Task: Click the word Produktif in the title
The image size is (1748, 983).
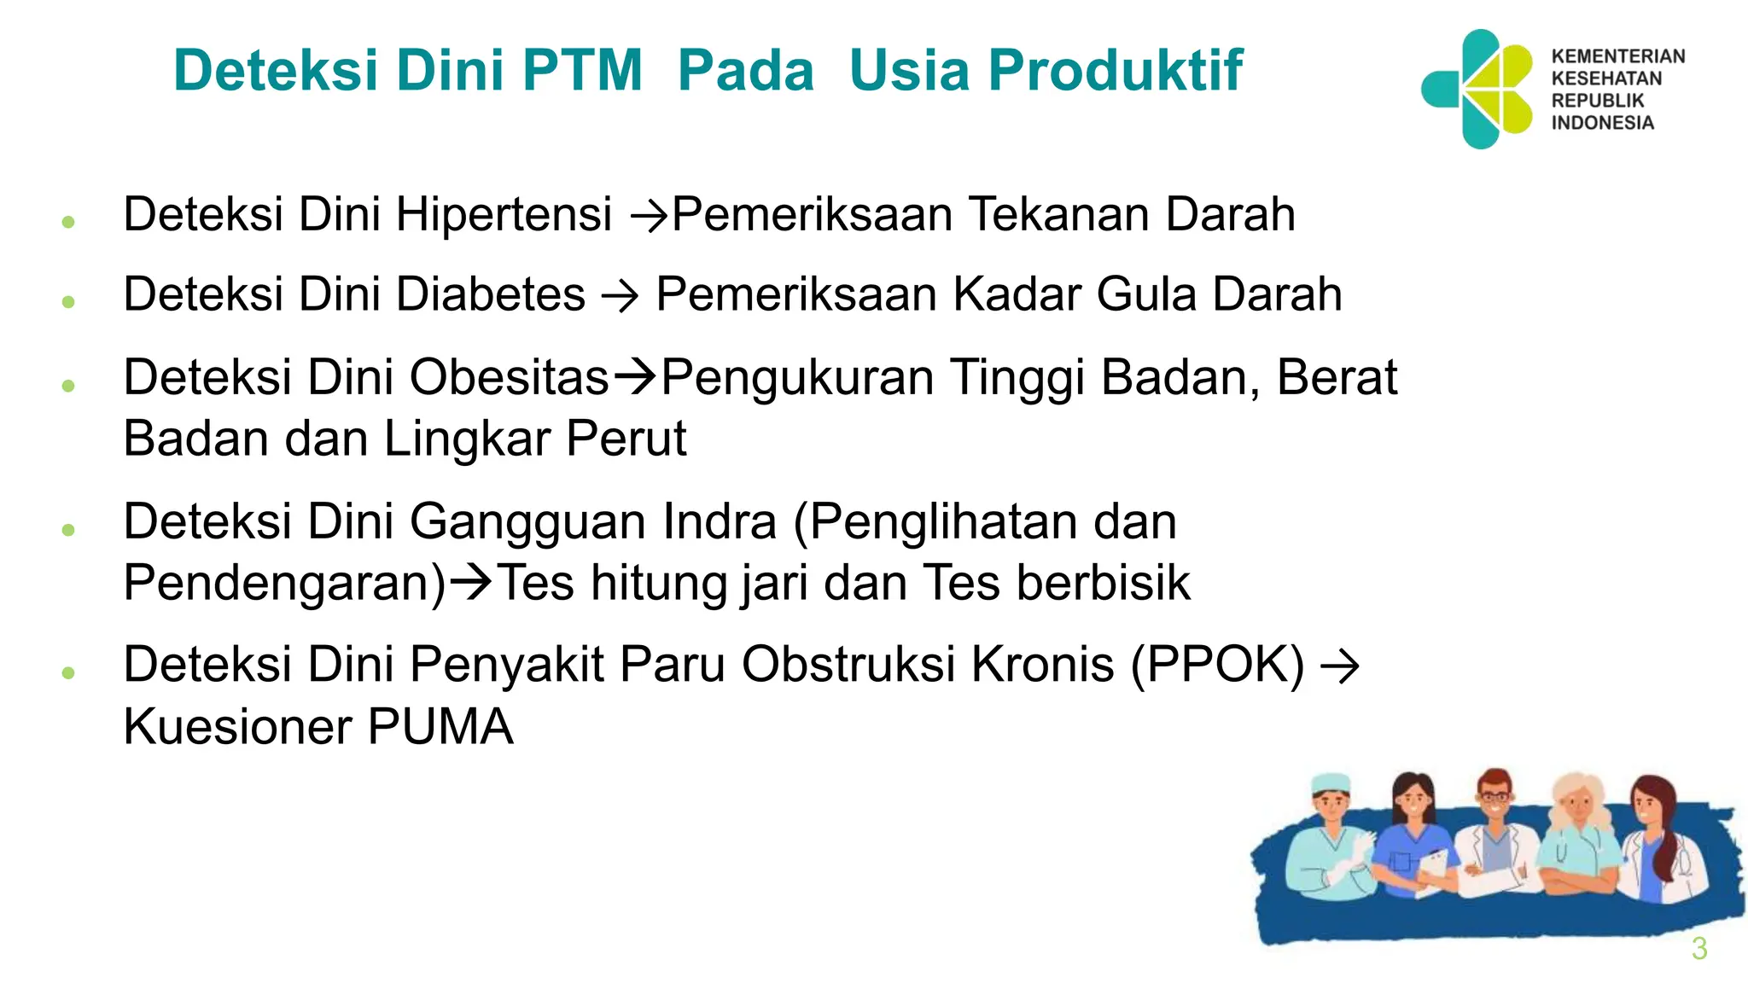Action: (x=1115, y=70)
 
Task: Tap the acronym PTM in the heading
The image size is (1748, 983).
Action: (x=582, y=70)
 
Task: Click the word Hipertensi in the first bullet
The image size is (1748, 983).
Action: (x=504, y=214)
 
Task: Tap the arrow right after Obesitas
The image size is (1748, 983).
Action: (x=636, y=377)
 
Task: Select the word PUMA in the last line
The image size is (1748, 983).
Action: (x=440, y=727)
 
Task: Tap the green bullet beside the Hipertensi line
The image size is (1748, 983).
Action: (x=68, y=222)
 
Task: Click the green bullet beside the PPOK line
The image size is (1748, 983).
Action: (x=68, y=672)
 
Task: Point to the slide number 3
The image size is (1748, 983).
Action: (x=1698, y=949)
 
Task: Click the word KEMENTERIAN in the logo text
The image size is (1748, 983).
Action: (x=1617, y=56)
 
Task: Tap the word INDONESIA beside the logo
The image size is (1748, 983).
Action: (x=1602, y=123)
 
